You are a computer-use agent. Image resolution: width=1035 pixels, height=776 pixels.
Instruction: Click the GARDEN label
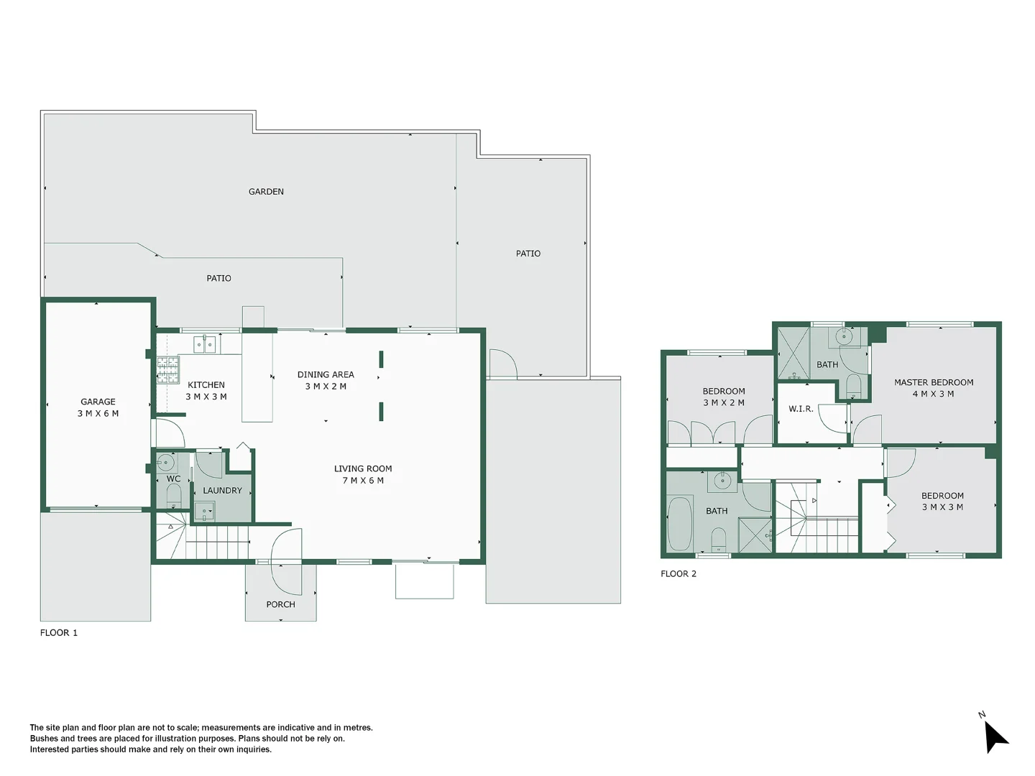[266, 192]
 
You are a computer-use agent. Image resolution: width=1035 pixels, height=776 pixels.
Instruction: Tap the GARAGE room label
[98, 402]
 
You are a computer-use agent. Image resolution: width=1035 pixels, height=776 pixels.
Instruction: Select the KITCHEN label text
[206, 385]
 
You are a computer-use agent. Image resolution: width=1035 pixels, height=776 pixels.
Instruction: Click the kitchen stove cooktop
[168, 369]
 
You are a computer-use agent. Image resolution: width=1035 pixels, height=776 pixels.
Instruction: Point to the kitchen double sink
[205, 345]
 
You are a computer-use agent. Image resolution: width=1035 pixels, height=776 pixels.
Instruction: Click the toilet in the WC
[173, 495]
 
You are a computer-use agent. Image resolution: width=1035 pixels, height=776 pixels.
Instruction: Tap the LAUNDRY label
[222, 491]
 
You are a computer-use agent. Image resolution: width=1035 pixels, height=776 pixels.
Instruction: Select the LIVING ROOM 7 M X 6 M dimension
[363, 481]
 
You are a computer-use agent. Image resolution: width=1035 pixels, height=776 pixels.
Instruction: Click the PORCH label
[280, 604]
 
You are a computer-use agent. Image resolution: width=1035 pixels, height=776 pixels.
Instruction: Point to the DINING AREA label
[326, 374]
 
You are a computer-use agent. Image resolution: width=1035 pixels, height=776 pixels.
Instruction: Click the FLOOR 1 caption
[59, 633]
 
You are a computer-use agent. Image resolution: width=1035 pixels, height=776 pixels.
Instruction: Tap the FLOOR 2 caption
[678, 574]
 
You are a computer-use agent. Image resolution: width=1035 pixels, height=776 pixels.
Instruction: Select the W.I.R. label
[801, 409]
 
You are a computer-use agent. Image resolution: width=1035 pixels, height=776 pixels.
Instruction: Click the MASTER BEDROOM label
[934, 382]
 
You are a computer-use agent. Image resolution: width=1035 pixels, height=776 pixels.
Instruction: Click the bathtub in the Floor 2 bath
[679, 523]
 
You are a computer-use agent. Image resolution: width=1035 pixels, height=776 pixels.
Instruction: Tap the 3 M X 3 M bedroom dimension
[942, 507]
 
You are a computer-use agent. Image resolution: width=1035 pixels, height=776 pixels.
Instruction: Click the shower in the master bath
[793, 354]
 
